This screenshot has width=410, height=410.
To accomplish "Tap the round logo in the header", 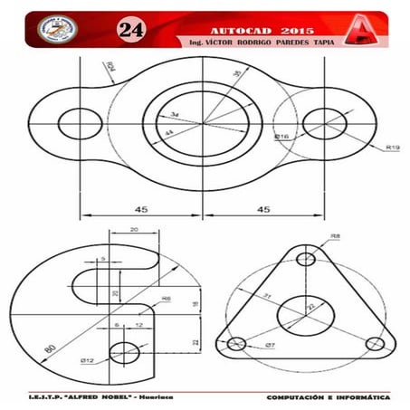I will pyautogui.click(x=57, y=28).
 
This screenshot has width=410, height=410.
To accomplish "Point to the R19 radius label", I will pyautogui.click(x=392, y=147).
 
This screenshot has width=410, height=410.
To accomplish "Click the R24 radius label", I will pyautogui.click(x=110, y=66).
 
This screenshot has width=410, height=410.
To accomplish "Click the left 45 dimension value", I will pyautogui.click(x=141, y=209).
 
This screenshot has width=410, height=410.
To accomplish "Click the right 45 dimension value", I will pyautogui.click(x=263, y=209).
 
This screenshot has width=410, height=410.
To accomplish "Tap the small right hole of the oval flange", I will pyautogui.click(x=319, y=123).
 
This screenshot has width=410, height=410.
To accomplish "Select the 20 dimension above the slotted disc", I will pyautogui.click(x=135, y=230).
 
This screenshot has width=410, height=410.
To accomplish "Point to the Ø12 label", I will pyautogui.click(x=87, y=360).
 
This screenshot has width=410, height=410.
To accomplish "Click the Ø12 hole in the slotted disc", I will pyautogui.click(x=124, y=352).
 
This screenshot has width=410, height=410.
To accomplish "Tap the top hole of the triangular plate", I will pyautogui.click(x=307, y=260).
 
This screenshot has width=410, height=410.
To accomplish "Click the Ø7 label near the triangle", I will pyautogui.click(x=271, y=347).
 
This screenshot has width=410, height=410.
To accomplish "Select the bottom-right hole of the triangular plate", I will pyautogui.click(x=374, y=344).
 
